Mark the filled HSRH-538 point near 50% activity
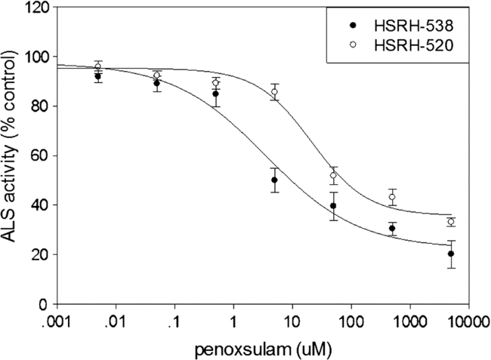pos(275,180)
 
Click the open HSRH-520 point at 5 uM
pos(275,92)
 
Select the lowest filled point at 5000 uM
pos(451,254)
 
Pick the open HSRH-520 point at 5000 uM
pos(451,222)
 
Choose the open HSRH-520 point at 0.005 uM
pos(98,66)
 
